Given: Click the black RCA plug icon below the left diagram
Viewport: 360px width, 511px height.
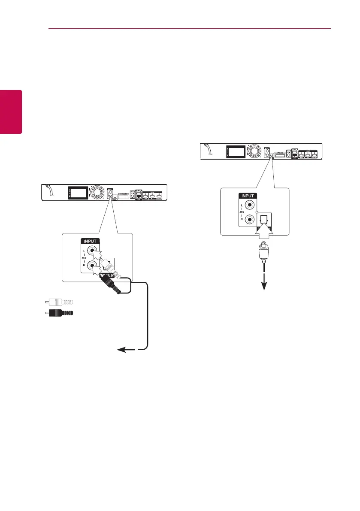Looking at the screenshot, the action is pyautogui.click(x=57, y=314).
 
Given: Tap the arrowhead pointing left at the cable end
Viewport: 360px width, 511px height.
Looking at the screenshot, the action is pyautogui.click(x=121, y=350).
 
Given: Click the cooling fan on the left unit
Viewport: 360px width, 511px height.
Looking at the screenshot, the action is pyautogui.click(x=96, y=192).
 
